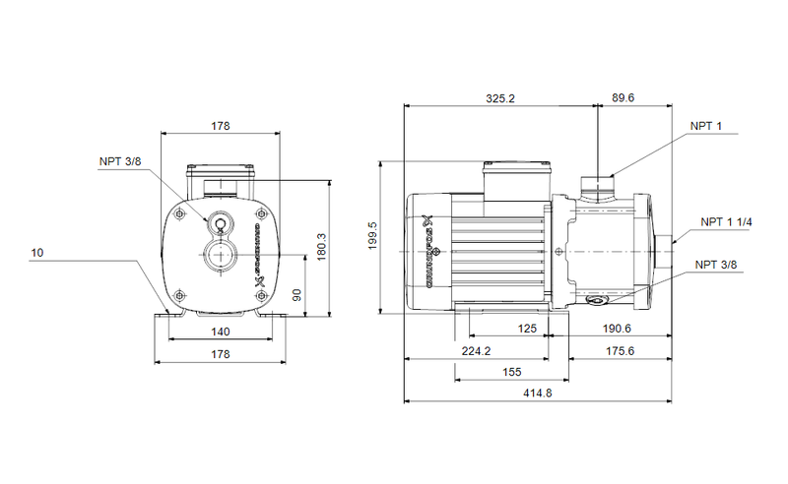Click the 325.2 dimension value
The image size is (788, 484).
point(500,98)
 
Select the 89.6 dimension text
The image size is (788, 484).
point(624,98)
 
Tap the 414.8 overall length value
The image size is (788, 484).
point(537,394)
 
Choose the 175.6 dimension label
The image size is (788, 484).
point(619,351)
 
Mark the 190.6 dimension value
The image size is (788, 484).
point(619,330)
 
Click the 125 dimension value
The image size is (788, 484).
point(528,330)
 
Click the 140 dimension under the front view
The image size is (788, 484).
point(220,332)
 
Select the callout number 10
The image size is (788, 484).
point(36,254)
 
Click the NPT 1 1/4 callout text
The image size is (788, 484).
point(726,222)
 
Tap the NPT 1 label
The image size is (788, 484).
point(705,126)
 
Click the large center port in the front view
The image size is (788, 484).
point(220,259)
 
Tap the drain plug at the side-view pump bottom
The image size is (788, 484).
point(595,301)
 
